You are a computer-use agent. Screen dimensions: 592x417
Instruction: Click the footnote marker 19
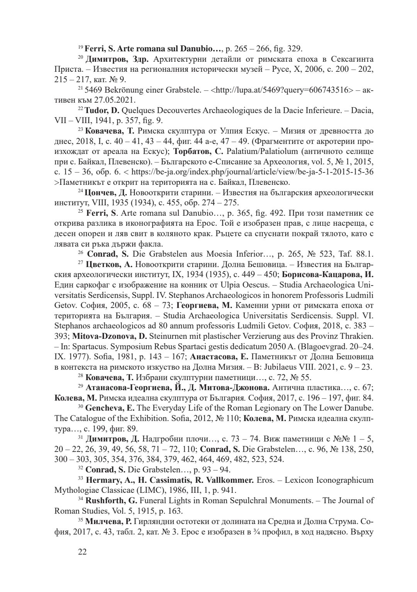click(80, 47)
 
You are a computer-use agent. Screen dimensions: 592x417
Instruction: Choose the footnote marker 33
click(80, 479)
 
